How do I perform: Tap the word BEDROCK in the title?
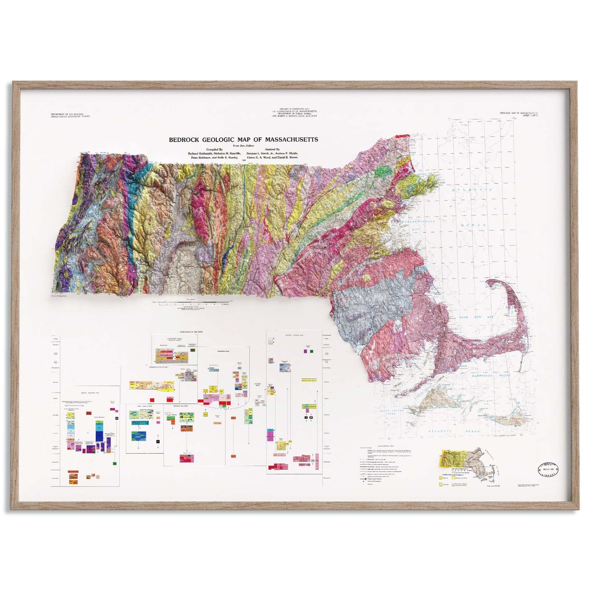point(186,140)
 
